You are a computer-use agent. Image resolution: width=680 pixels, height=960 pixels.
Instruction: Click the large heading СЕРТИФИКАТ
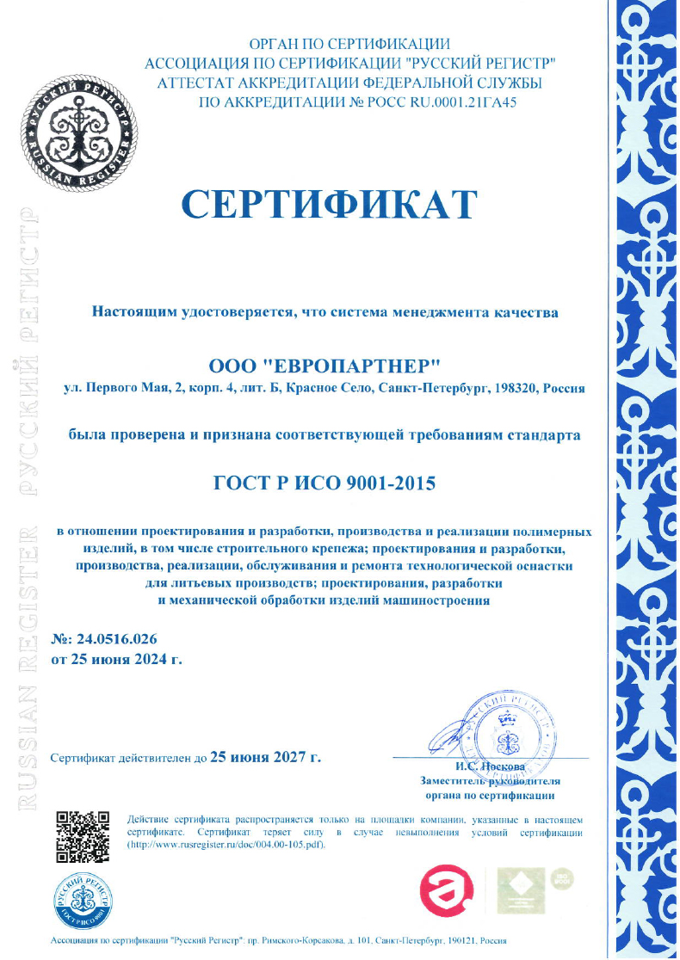(329, 204)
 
